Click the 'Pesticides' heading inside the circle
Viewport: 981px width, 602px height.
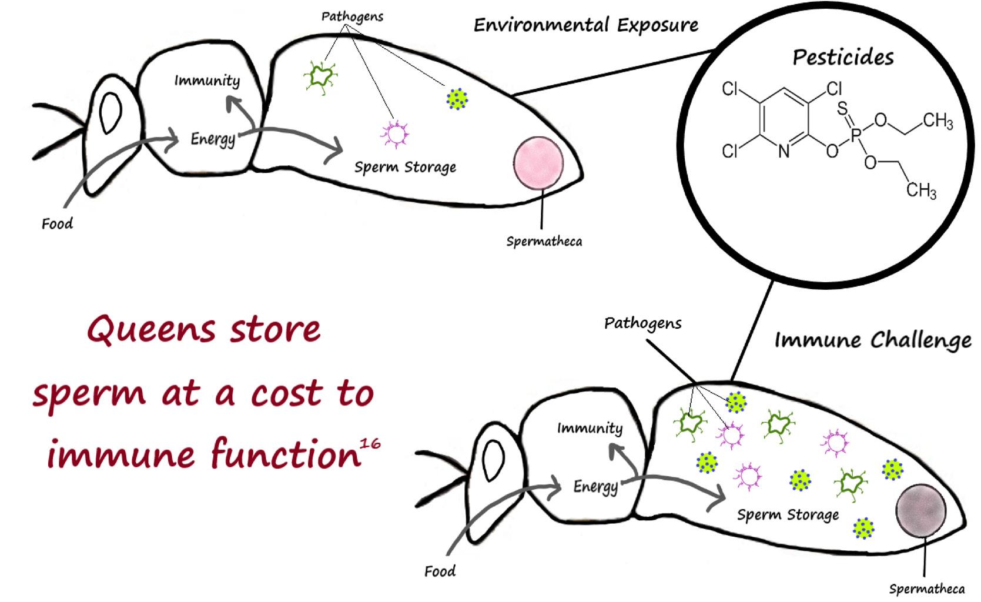(x=843, y=57)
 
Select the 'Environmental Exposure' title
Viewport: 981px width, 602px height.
(x=586, y=25)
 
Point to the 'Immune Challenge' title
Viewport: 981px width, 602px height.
(x=873, y=340)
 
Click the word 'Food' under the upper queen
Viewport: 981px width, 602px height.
(x=57, y=224)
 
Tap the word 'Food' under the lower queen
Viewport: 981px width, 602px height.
(x=440, y=571)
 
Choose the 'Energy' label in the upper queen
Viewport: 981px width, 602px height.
(x=213, y=139)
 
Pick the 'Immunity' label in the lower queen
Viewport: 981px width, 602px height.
(x=590, y=428)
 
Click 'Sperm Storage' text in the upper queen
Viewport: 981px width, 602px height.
(x=405, y=168)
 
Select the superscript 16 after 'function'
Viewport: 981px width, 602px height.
(x=370, y=444)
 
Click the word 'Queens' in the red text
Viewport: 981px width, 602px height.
(x=151, y=329)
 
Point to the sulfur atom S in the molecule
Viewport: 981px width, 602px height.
(x=842, y=108)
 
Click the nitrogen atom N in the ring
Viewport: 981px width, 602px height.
(x=784, y=152)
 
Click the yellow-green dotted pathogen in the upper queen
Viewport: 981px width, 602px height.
(x=457, y=99)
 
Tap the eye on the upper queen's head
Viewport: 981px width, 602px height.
(x=111, y=112)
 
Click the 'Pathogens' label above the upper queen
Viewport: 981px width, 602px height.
(x=352, y=16)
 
